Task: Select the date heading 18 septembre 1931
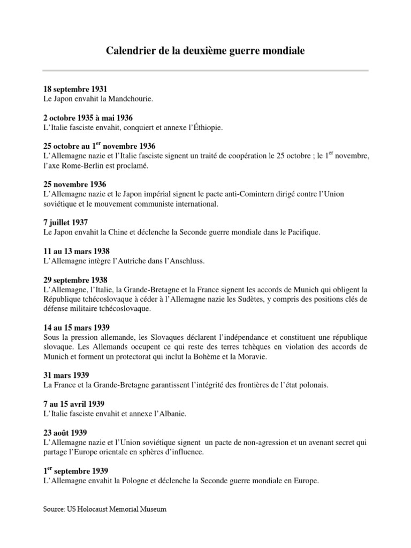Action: click(75, 89)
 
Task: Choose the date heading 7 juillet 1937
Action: click(66, 223)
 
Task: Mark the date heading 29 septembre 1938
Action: click(75, 280)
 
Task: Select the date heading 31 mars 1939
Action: click(66, 375)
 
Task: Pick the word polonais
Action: click(310, 385)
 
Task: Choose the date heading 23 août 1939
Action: click(65, 432)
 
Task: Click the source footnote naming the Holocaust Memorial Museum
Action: click(105, 509)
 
